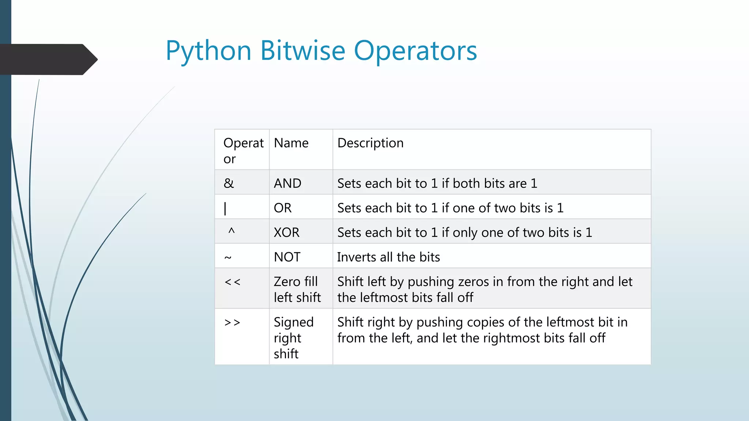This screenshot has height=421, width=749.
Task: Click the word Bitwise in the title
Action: (x=302, y=51)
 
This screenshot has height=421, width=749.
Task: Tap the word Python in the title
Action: (x=208, y=51)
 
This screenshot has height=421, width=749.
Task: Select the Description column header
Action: (x=370, y=143)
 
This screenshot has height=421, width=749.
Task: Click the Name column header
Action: (x=291, y=143)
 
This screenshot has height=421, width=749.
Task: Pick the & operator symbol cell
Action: (x=229, y=183)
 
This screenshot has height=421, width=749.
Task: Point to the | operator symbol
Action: (x=225, y=208)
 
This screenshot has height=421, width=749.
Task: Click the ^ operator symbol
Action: (x=231, y=231)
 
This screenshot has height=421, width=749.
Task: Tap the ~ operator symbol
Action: (x=228, y=258)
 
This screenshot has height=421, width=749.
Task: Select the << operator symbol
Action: (x=233, y=282)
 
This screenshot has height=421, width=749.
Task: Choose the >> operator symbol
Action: (x=233, y=323)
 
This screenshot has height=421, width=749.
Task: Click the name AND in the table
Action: (x=287, y=183)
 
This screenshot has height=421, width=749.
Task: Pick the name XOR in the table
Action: (x=286, y=232)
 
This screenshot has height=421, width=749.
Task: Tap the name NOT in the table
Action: (x=287, y=257)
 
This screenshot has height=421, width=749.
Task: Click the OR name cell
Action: (x=283, y=208)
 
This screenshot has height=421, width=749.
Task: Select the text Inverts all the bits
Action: (x=388, y=257)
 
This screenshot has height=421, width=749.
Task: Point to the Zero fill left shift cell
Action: (x=297, y=289)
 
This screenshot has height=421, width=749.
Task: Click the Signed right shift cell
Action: (x=293, y=338)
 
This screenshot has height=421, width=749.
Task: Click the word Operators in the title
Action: (x=415, y=51)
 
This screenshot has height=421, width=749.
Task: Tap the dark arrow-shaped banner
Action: (x=48, y=59)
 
